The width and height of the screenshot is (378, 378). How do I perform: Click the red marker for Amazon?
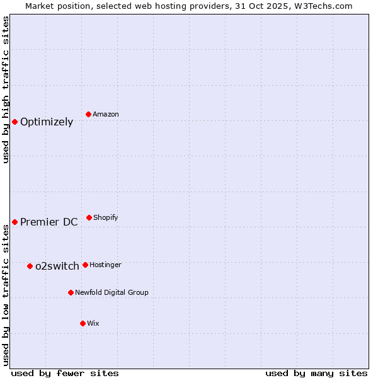coord(89,114)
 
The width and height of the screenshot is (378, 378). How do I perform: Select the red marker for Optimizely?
coord(14,122)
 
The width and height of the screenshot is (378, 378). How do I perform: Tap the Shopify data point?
coord(89,217)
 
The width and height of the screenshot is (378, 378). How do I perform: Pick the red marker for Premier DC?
coord(14,222)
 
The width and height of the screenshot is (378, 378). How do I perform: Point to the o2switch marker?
coord(30,266)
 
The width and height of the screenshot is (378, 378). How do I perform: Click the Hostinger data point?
coord(85,265)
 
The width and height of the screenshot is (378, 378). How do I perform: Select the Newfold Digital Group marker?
coord(71,292)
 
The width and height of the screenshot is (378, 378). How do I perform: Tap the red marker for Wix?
coord(83,323)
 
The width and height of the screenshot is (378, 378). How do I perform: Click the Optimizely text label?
coord(47,122)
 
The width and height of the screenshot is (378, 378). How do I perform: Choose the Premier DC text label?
coord(49,222)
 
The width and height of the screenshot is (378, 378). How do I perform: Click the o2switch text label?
coord(57,266)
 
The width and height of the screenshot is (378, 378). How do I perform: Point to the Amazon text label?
coord(106,114)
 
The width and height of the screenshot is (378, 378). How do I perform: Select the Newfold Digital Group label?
coord(112,292)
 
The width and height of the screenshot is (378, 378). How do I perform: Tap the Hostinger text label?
coord(105,265)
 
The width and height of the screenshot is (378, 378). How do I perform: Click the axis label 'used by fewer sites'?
coord(65,373)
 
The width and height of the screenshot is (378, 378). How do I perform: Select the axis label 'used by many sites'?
coord(316,373)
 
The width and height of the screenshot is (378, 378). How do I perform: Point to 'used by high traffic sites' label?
coord(6,89)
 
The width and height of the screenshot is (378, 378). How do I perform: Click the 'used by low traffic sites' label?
coord(6,295)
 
